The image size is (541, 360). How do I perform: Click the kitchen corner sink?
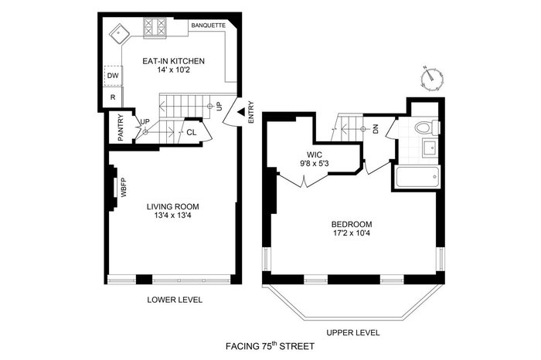tap(119, 34)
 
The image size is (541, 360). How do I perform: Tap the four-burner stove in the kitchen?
tap(155, 27)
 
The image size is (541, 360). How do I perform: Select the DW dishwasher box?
tap(113, 76)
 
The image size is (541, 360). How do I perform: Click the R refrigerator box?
tap(113, 97)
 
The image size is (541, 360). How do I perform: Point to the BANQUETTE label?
tap(209, 25)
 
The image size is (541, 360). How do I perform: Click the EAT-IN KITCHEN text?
tap(174, 61)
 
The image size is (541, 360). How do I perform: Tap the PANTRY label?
tap(121, 127)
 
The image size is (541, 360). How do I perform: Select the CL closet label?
tap(192, 132)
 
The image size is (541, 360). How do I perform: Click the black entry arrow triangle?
tap(241, 111)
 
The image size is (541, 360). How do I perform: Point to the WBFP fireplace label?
tap(124, 187)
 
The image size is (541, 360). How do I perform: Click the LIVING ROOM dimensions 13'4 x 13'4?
tap(173, 216)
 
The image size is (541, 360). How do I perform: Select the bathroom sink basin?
tap(430, 148)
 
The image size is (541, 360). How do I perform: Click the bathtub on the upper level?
tap(418, 177)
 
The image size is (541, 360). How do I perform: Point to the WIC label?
tap(315, 155)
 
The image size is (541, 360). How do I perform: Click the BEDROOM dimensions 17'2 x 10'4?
tap(352, 233)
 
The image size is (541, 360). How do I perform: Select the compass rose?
tap(433, 79)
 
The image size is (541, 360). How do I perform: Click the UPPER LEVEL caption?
tap(353, 333)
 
